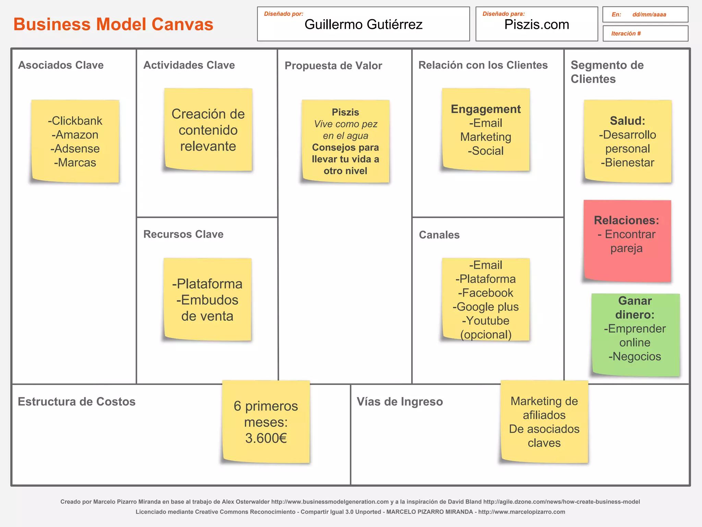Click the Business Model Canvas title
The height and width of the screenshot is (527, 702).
click(113, 24)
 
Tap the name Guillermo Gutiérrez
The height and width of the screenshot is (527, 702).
click(363, 24)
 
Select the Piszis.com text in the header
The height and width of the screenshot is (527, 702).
click(536, 24)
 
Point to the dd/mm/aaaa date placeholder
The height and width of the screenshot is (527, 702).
click(649, 14)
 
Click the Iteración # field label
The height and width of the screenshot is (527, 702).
click(626, 33)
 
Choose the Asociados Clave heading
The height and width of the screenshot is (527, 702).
click(61, 65)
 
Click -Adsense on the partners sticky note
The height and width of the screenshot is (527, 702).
click(75, 149)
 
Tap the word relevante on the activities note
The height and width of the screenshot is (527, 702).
click(208, 146)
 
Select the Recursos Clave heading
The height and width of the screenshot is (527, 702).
click(183, 234)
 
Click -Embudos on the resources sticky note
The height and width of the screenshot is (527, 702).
click(207, 300)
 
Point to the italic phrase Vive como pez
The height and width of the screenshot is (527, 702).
click(346, 124)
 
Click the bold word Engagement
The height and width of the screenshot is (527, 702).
click(486, 109)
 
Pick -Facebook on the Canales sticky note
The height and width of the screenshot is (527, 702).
click(486, 293)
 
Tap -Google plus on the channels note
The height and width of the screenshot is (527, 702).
click(486, 307)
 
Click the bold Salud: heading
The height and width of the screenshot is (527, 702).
click(627, 121)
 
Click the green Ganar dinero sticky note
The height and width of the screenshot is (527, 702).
click(635, 335)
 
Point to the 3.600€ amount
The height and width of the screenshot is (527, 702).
click(266, 438)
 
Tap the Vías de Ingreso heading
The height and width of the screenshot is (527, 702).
click(400, 401)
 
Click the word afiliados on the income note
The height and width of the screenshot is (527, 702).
click(544, 415)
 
